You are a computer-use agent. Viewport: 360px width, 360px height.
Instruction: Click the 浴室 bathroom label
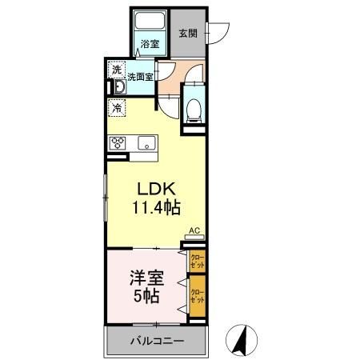[x=150, y=42]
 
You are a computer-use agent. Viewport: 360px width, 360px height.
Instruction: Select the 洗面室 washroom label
[x=140, y=78]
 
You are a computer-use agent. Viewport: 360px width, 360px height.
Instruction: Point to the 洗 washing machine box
[x=118, y=70]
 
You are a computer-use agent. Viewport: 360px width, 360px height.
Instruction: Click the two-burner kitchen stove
[x=117, y=143]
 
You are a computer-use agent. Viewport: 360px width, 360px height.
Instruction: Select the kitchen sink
[x=146, y=143]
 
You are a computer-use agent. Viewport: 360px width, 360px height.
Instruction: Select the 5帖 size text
[x=146, y=298]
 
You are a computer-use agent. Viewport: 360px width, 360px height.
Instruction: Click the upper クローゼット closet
[x=196, y=261]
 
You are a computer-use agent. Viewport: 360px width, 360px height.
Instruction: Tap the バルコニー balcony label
[x=157, y=341]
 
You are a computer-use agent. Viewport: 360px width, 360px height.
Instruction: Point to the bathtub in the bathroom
[x=150, y=22]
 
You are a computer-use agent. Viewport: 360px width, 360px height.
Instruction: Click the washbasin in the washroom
[x=118, y=85]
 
